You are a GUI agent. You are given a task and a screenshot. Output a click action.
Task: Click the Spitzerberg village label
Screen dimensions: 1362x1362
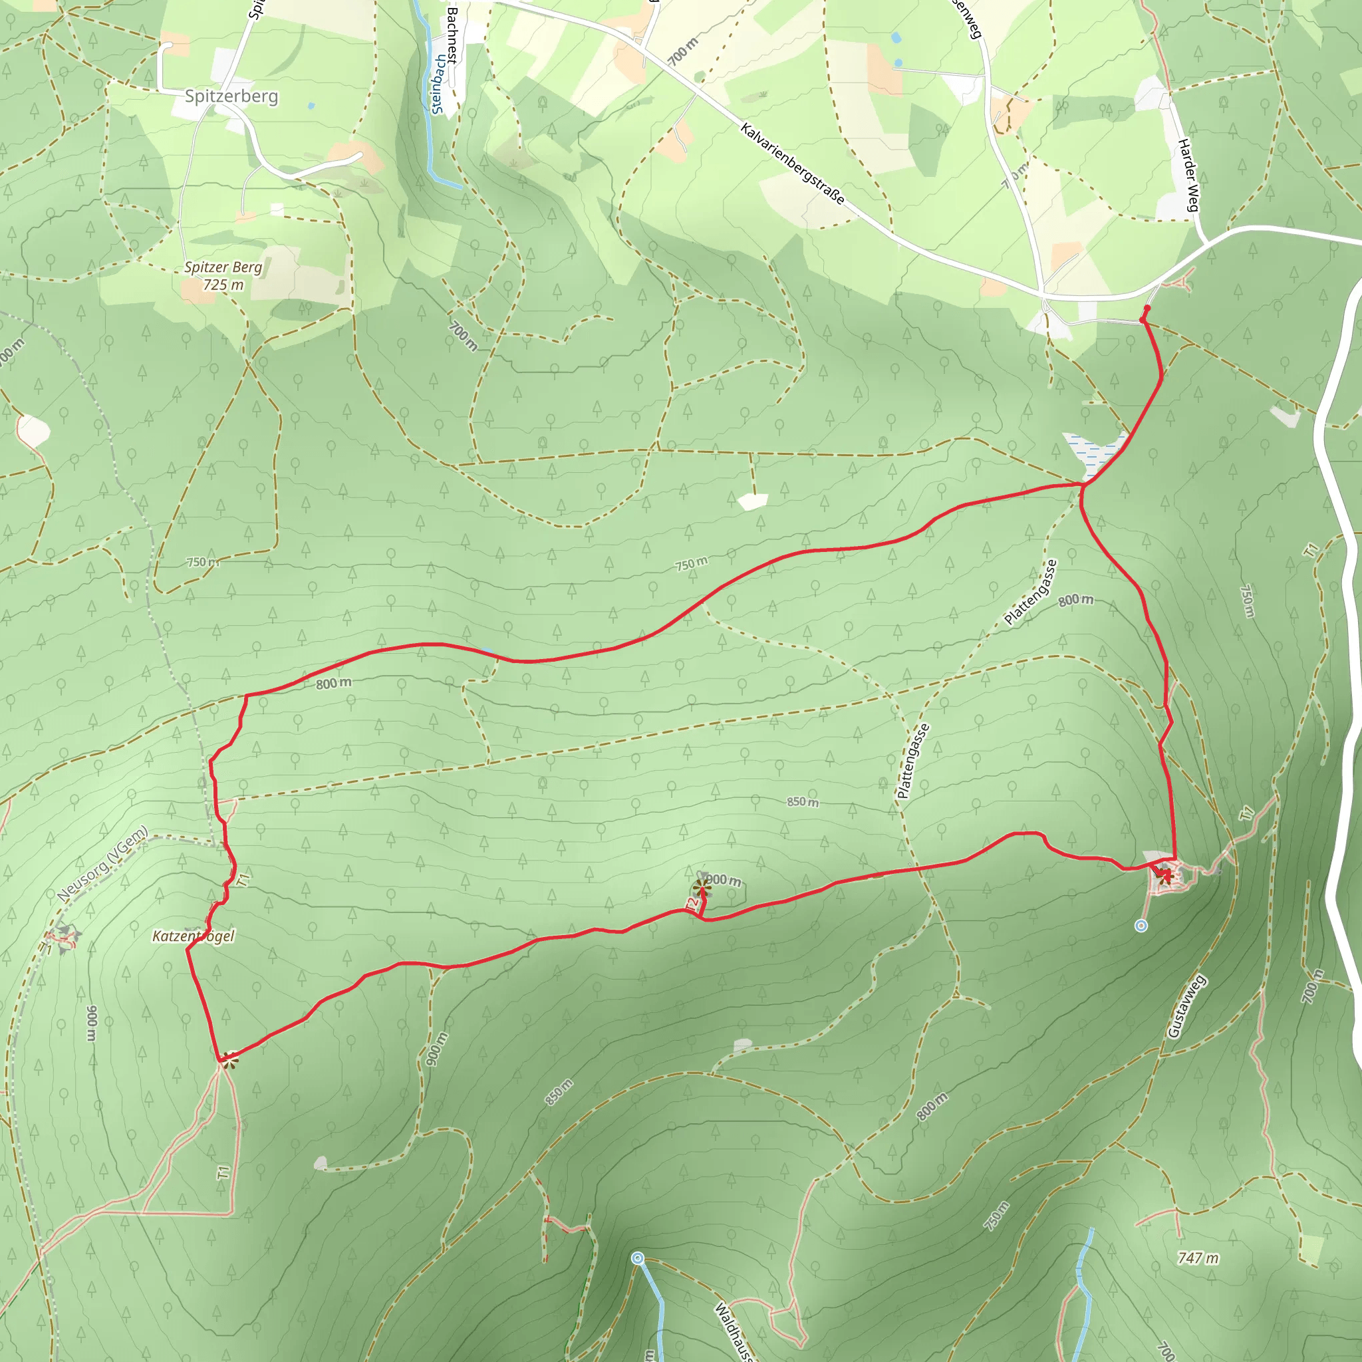click(231, 96)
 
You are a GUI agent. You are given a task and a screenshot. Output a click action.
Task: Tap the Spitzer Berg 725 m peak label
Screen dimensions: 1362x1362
click(223, 275)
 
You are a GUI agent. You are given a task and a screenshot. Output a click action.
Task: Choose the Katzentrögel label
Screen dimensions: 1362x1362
click(193, 936)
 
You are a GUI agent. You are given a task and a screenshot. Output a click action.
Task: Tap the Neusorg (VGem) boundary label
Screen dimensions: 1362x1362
click(103, 864)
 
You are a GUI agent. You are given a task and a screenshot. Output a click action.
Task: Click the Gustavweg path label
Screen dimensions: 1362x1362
click(1187, 1007)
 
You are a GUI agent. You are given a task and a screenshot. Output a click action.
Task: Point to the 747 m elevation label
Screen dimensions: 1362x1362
click(1198, 1258)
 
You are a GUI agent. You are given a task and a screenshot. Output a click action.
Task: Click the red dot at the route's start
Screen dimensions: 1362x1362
click(1147, 309)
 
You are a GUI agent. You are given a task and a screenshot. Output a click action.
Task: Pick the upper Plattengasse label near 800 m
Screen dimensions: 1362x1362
click(1031, 592)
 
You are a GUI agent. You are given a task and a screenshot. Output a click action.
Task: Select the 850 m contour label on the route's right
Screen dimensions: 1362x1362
click(802, 801)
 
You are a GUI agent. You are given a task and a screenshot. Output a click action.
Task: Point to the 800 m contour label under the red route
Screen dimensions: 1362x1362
click(333, 683)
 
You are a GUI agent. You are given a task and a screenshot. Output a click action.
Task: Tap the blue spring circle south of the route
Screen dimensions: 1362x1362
click(1141, 926)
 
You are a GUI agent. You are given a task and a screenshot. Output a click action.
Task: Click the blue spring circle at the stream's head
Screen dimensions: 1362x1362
click(637, 1258)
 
